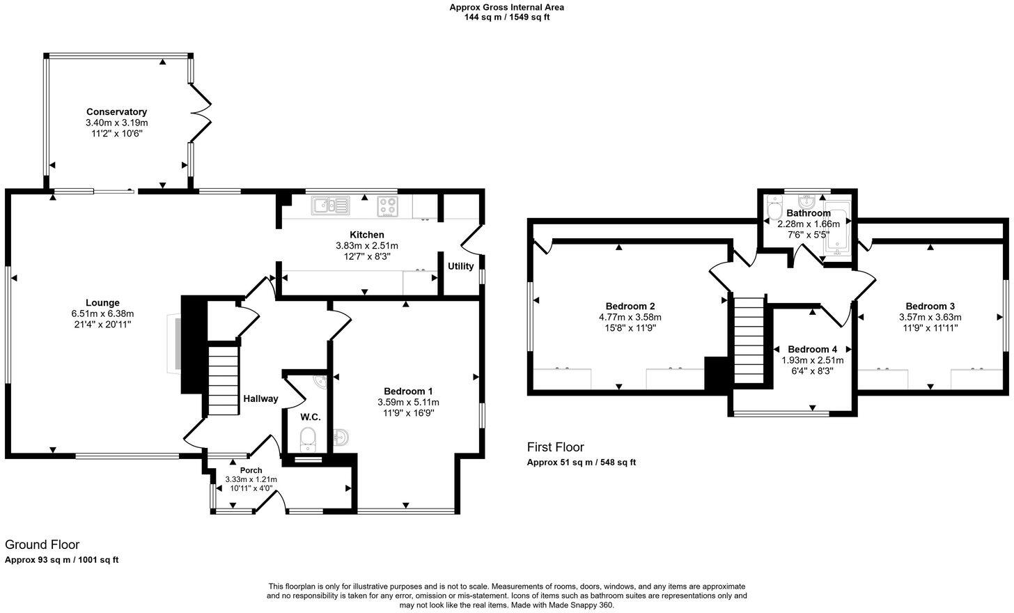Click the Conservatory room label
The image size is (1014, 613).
click(x=116, y=111)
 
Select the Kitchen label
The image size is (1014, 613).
click(x=366, y=235)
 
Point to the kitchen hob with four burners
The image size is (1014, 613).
click(x=388, y=205)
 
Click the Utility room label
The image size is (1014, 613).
click(x=460, y=266)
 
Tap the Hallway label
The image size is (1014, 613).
click(x=260, y=398)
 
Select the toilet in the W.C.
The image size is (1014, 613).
click(x=307, y=439)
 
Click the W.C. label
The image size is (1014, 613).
click(x=310, y=417)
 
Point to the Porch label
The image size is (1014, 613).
click(x=251, y=470)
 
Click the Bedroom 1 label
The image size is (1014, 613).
click(x=408, y=391)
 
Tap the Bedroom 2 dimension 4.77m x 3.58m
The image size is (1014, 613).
click(x=630, y=317)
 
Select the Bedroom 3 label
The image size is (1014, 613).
click(x=930, y=306)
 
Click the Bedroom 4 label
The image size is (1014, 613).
click(x=812, y=349)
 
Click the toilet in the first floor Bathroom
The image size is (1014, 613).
click(x=774, y=208)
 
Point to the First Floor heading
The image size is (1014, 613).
click(x=555, y=447)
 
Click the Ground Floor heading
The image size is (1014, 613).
click(x=42, y=545)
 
